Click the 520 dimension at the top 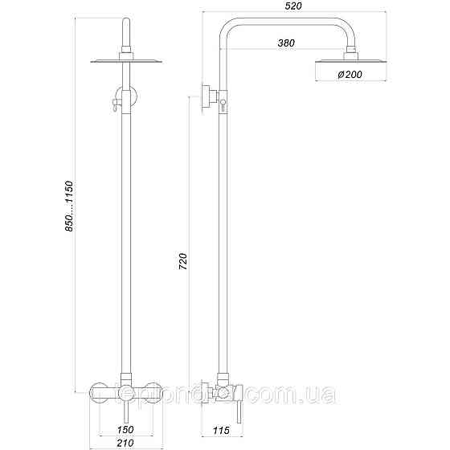coord(293,6)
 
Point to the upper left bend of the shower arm coord(228,27)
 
